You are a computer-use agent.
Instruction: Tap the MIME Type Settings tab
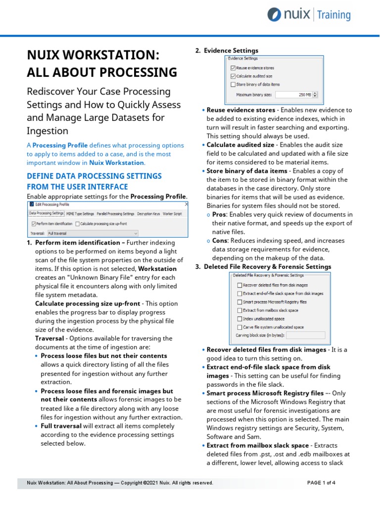(80, 213)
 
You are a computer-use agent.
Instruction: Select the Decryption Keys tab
(149, 213)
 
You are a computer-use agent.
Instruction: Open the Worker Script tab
(173, 213)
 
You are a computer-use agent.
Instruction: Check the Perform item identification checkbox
(33, 224)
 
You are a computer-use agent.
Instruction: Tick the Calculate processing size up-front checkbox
(77, 224)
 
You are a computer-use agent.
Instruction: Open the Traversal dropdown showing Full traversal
(92, 233)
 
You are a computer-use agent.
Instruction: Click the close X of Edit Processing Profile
(186, 203)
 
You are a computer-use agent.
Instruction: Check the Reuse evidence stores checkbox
(234, 68)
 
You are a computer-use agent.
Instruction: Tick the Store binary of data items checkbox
(234, 85)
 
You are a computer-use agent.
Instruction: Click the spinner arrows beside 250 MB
(316, 95)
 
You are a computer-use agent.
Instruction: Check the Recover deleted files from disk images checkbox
(239, 285)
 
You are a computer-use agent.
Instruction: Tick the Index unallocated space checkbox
(239, 319)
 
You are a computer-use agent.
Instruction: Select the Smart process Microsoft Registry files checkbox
(239, 302)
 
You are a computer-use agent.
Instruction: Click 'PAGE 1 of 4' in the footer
(321, 483)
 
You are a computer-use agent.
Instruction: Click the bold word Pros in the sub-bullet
(219, 214)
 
